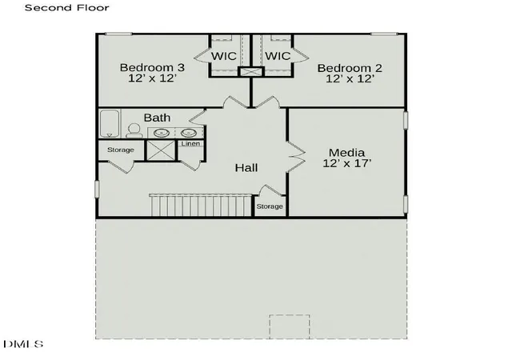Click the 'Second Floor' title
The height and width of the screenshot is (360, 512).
click(x=67, y=7)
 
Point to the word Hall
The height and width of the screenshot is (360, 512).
click(x=246, y=168)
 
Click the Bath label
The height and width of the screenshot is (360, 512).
click(x=157, y=118)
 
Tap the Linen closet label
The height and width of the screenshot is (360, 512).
click(x=190, y=144)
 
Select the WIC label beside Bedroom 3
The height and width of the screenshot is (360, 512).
click(x=224, y=56)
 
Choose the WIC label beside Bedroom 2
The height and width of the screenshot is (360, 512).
click(x=278, y=56)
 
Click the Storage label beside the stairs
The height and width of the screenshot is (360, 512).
click(x=270, y=206)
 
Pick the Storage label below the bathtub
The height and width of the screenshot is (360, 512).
click(x=121, y=150)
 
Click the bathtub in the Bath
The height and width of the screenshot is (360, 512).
click(x=110, y=123)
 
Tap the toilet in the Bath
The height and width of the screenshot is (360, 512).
click(x=134, y=130)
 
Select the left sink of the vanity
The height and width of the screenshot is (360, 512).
click(x=162, y=133)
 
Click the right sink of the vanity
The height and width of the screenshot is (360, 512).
click(x=189, y=133)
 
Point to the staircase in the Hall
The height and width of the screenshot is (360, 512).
click(x=200, y=205)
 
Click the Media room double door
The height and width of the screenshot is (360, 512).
click(x=296, y=157)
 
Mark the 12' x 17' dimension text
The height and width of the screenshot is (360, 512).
click(x=347, y=163)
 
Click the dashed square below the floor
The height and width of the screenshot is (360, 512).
click(x=290, y=326)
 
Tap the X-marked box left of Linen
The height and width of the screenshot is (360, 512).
click(x=161, y=150)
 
